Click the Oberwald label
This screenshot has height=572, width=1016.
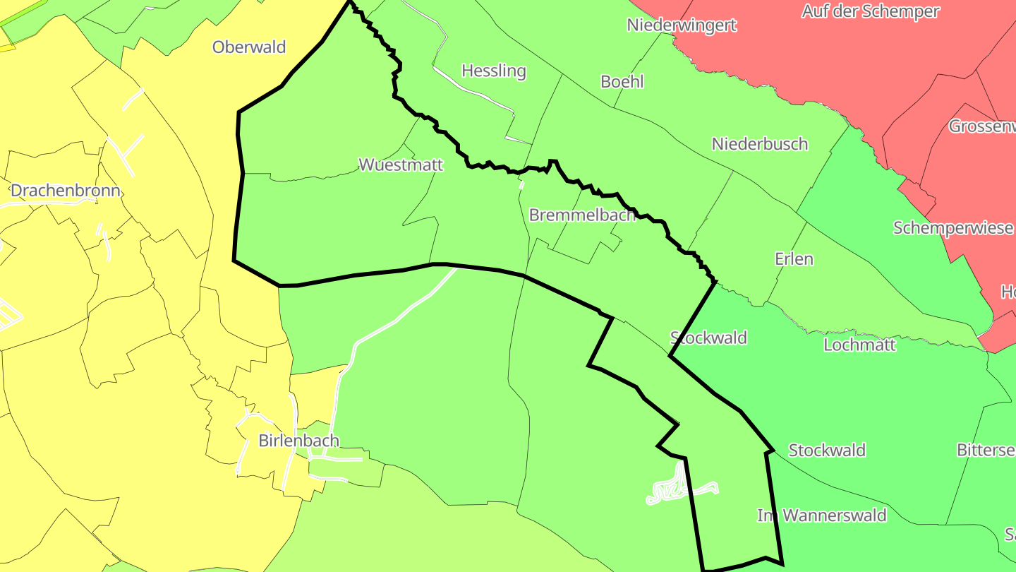249,47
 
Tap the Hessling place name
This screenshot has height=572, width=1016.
494,71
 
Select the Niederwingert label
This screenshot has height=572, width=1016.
682,25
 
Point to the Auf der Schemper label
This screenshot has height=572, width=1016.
871,11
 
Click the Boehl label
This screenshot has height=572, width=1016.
622,81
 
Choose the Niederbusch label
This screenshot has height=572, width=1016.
760,144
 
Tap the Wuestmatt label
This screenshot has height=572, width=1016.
401,165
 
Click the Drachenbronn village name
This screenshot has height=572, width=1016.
66,191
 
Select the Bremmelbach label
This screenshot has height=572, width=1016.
582,215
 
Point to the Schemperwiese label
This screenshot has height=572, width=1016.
953,228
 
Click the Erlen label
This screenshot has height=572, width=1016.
794,259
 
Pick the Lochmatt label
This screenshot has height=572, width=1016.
859,345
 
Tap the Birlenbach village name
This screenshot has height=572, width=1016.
298,441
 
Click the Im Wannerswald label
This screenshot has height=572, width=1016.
822,516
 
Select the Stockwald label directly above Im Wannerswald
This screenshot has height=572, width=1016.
827,451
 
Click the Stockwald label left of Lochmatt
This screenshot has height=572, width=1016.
708,338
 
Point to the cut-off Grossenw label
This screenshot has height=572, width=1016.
982,126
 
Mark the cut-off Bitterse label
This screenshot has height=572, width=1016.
986,451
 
